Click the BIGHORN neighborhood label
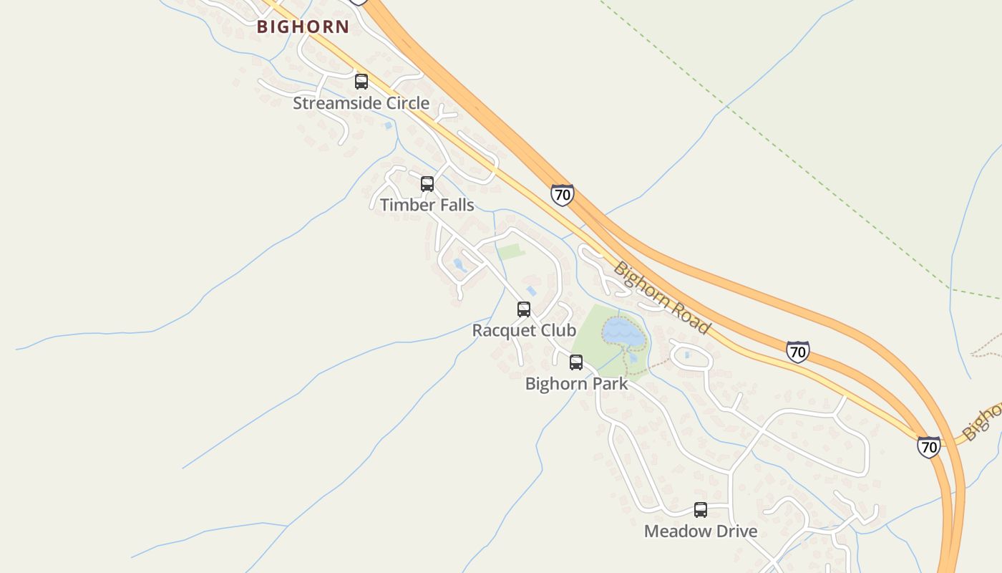click(303, 27)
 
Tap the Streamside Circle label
click(361, 103)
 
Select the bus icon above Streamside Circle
click(361, 82)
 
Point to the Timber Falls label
click(427, 205)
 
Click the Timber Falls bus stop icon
click(427, 184)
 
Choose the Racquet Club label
click(524, 330)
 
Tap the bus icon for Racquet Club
click(524, 309)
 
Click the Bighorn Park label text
click(576, 383)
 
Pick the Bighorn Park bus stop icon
click(576, 362)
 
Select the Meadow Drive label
click(700, 531)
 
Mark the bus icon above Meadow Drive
click(701, 510)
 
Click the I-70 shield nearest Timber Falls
click(563, 195)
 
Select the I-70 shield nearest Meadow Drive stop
click(928, 447)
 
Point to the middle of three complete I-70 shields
click(797, 352)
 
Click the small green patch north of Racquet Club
click(511, 251)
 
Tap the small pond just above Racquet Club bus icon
click(531, 291)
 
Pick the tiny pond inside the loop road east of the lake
click(687, 355)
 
